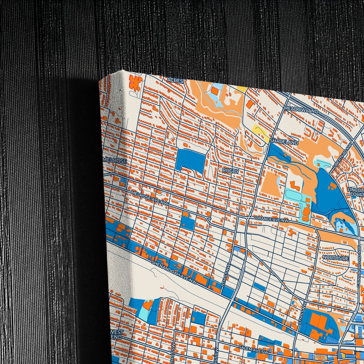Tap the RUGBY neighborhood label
230,171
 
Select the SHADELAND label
284,142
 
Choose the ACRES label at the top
175,80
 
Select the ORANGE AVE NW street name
272,220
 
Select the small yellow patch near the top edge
242,89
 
